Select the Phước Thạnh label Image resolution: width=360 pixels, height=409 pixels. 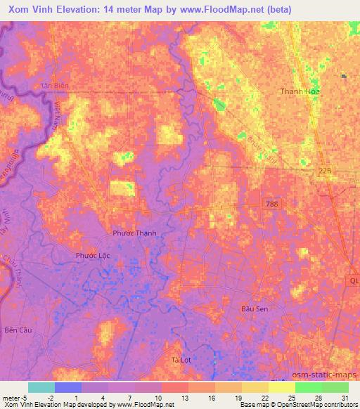(x=134, y=233)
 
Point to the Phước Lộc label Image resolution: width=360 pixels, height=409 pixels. (x=92, y=256)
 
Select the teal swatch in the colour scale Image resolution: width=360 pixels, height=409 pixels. (x=41, y=387)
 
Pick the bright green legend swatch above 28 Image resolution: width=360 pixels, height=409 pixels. (x=308, y=387)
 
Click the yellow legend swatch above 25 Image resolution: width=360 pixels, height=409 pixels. (x=281, y=387)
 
